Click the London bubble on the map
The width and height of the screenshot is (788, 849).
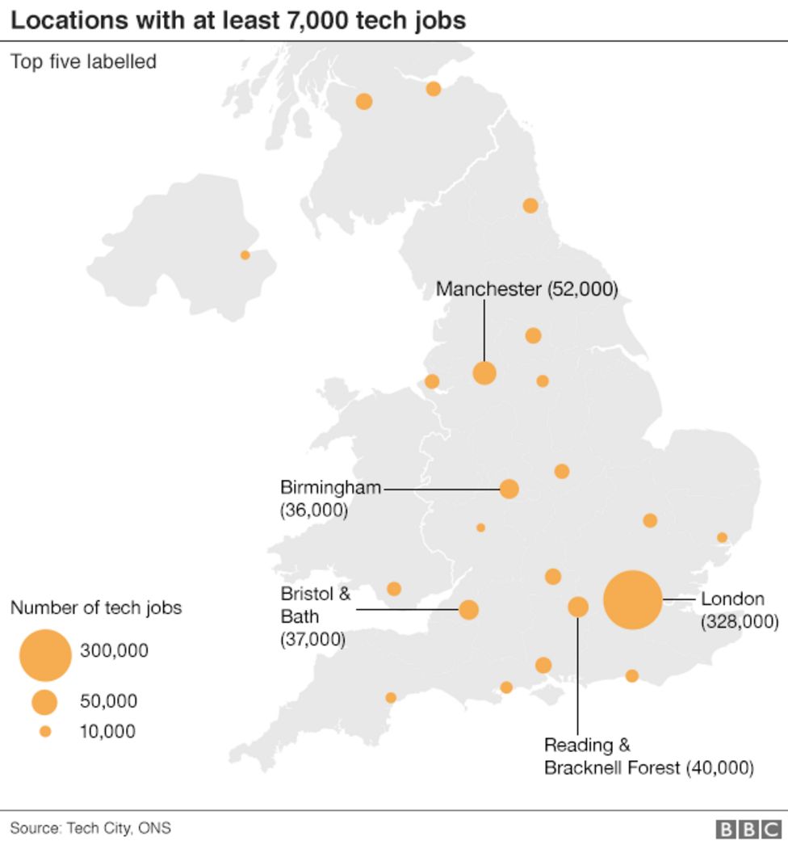click(x=633, y=599)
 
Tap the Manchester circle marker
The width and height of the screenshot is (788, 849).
click(x=484, y=373)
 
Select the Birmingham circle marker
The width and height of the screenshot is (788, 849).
click(x=509, y=489)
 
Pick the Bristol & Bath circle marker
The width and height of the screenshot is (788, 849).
click(x=468, y=610)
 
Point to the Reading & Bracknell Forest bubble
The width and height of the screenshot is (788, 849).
click(x=578, y=607)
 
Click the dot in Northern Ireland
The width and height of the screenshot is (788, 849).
click(x=245, y=255)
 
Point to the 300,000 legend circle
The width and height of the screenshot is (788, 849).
click(x=44, y=654)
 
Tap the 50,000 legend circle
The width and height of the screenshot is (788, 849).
click(x=44, y=702)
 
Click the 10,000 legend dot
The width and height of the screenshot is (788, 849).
click(x=45, y=732)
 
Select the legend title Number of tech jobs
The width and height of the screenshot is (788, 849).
click(x=96, y=608)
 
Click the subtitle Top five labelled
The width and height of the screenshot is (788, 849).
click(x=83, y=61)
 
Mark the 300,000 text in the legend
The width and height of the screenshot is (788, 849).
click(x=114, y=650)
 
